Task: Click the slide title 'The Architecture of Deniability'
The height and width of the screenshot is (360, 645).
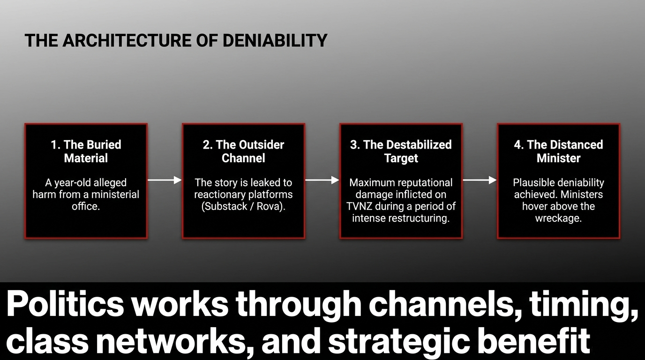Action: [x=176, y=40]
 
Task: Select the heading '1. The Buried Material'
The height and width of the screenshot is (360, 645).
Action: [x=86, y=151]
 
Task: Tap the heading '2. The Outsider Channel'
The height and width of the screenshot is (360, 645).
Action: [x=243, y=151]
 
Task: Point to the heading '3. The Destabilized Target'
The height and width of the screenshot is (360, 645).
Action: [x=401, y=151]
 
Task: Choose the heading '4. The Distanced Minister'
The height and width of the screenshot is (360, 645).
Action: [x=558, y=151]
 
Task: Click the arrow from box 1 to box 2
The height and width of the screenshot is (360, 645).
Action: [x=165, y=180]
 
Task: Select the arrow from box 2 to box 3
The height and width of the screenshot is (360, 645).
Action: [x=322, y=180]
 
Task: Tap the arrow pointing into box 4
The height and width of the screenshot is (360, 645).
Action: [x=480, y=180]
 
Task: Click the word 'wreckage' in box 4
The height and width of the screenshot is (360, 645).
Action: [x=558, y=218]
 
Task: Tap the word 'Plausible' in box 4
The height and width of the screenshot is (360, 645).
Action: [x=533, y=182]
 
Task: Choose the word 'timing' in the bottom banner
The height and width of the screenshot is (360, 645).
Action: [x=584, y=305]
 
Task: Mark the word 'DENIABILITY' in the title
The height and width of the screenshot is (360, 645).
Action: [x=275, y=40]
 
